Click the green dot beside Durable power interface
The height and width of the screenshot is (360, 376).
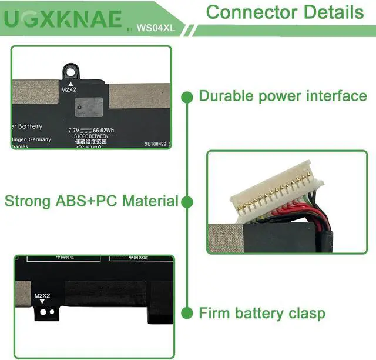187,96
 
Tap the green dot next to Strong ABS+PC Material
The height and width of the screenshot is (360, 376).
187,202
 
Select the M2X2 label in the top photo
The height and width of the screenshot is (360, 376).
69,90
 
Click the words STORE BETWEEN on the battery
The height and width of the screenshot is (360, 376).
88,136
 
